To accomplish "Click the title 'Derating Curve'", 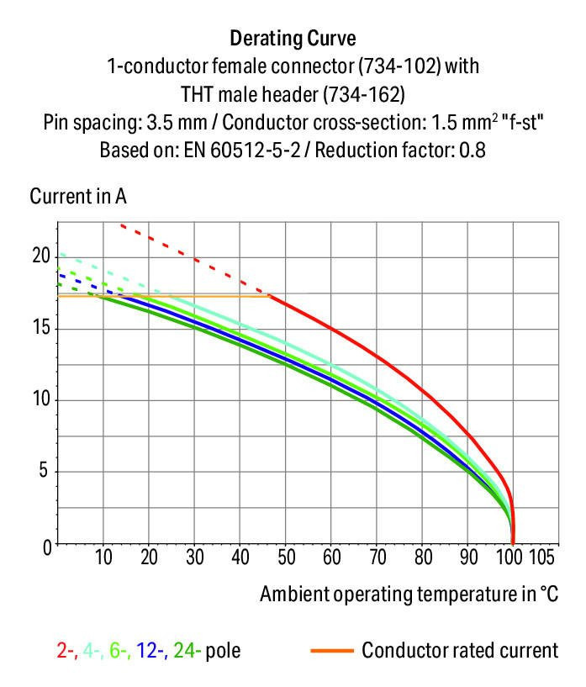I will pos(293,38).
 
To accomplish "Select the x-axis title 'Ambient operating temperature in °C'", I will pos(409,594).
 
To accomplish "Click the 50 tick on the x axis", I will pos(285,557).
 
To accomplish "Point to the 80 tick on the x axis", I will pos(422,557).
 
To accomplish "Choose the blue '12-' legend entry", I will pos(155,650).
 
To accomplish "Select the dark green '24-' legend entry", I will pos(187,650).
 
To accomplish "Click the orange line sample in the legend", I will pos(331,650).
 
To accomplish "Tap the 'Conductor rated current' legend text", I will pos(460,650).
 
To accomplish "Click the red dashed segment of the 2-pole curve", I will pos(193,258).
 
